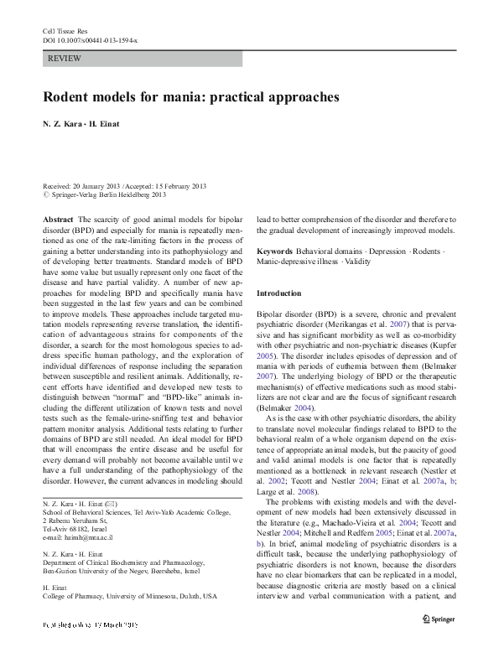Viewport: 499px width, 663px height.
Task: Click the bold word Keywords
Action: (274, 252)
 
